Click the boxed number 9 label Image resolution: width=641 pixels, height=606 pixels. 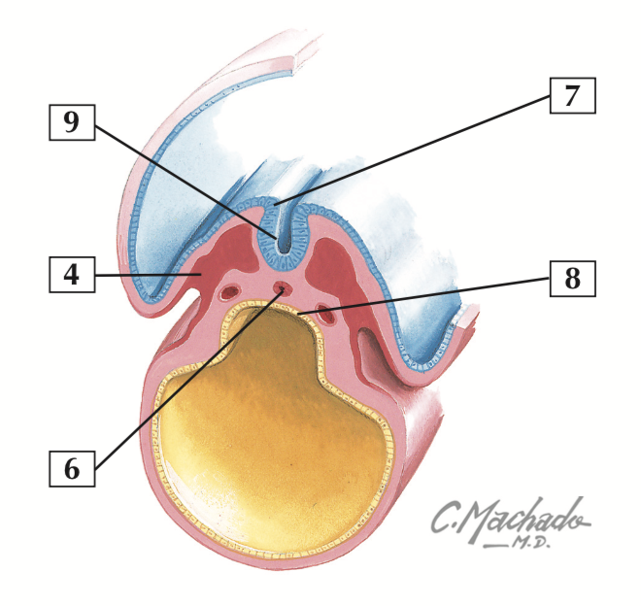[x=72, y=122]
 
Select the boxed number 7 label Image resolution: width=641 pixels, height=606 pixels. [x=571, y=96]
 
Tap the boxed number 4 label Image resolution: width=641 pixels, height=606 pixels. [x=72, y=275]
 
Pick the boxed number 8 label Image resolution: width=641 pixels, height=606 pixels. [x=571, y=279]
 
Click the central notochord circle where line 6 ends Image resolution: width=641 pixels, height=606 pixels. [x=282, y=287]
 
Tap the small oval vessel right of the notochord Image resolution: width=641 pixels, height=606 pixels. [x=327, y=315]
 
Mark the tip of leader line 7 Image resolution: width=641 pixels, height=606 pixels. [x=276, y=203]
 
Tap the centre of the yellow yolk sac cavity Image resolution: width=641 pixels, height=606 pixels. [x=262, y=418]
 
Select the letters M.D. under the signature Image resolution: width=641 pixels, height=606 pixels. [x=527, y=543]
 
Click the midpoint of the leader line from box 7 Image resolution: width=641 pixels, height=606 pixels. [x=413, y=150]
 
